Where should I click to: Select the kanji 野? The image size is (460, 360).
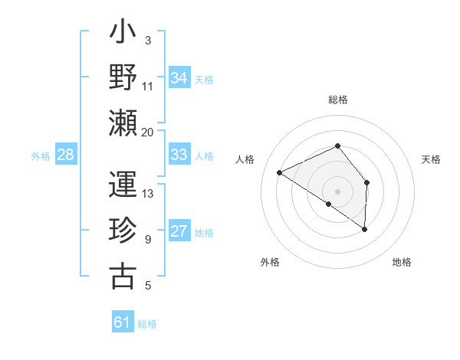click(123, 78)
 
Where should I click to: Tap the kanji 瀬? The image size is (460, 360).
click(123, 122)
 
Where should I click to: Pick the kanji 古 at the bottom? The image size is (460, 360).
click(123, 276)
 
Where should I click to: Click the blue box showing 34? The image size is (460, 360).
click(179, 78)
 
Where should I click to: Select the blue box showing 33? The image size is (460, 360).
click(179, 155)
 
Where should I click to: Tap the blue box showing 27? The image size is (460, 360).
click(179, 231)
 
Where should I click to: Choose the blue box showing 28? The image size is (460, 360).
click(65, 155)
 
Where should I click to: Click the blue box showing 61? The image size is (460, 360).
click(122, 322)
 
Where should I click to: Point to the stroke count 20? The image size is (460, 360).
click(148, 132)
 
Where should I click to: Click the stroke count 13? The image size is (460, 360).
click(148, 193)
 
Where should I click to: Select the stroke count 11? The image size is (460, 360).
click(148, 86)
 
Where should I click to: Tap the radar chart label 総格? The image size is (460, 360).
click(338, 100)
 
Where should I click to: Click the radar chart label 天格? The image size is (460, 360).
click(431, 159)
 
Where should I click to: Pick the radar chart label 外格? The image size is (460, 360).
click(270, 262)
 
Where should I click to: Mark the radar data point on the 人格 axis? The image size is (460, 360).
click(280, 172)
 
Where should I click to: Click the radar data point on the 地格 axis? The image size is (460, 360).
click(365, 229)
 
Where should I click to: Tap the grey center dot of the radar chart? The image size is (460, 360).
click(337, 191)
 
